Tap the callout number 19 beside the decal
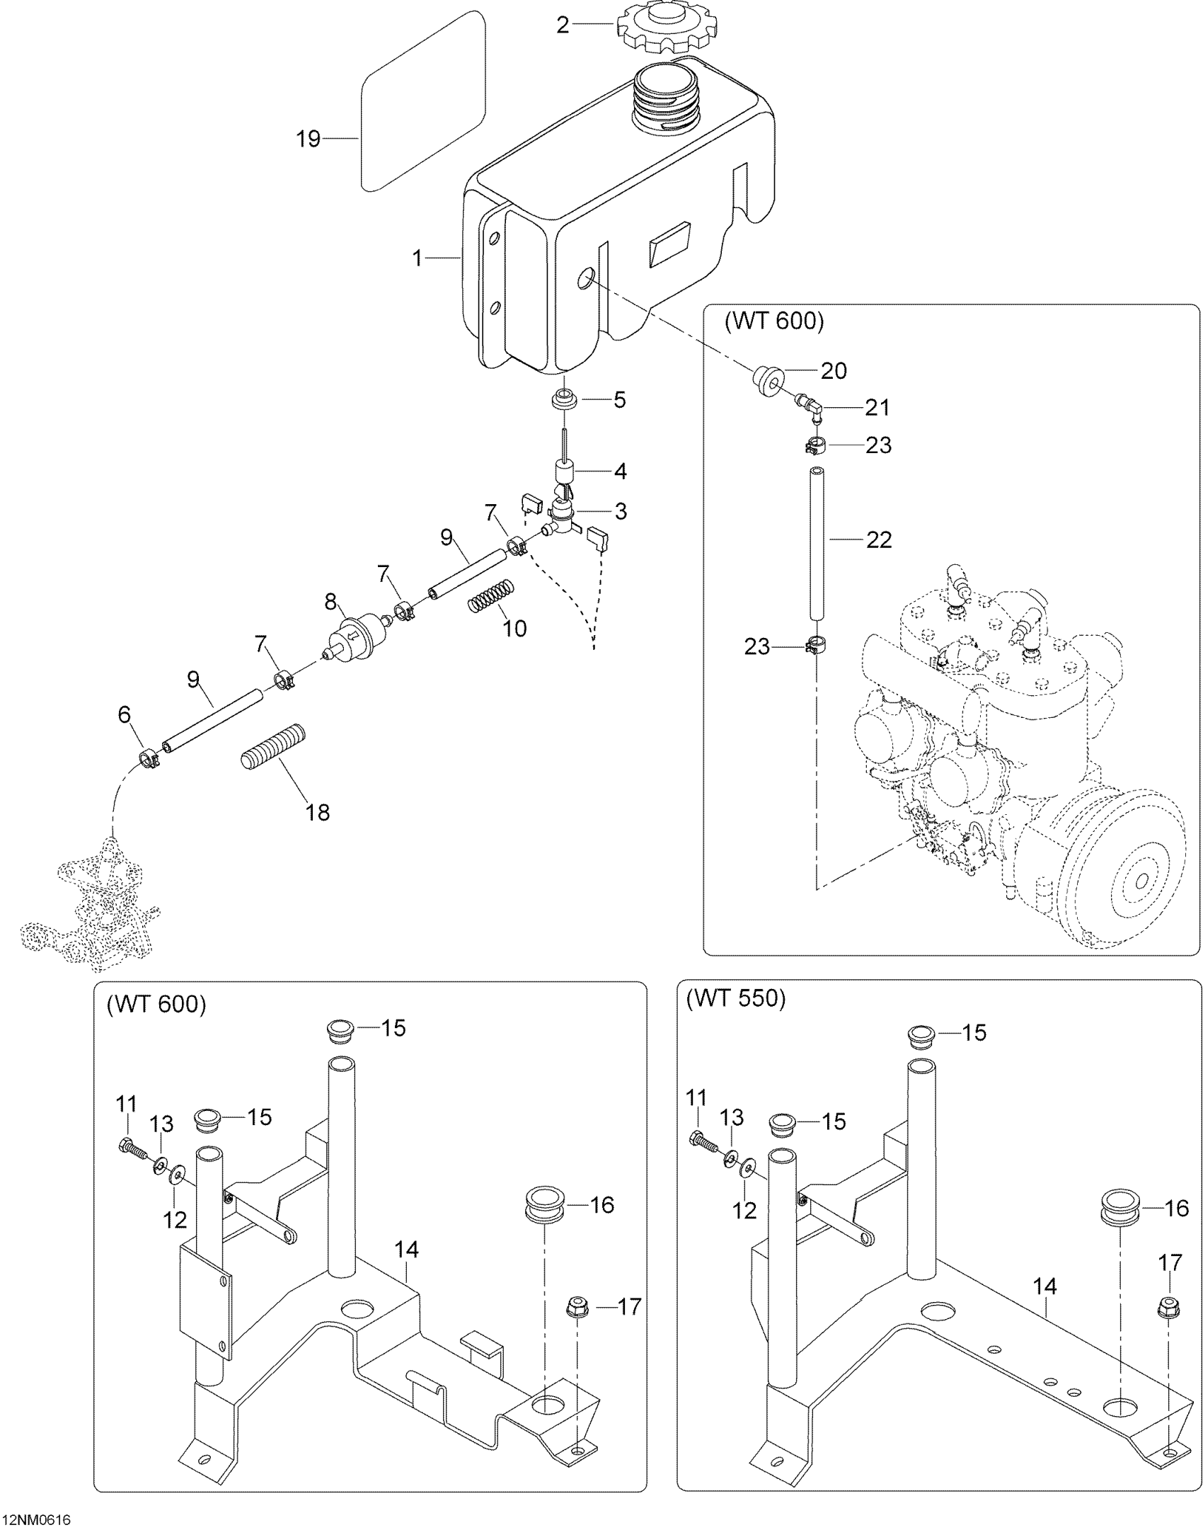click(x=308, y=139)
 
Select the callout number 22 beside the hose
click(x=879, y=540)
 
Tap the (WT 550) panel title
click(x=736, y=998)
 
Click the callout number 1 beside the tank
click(x=418, y=258)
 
